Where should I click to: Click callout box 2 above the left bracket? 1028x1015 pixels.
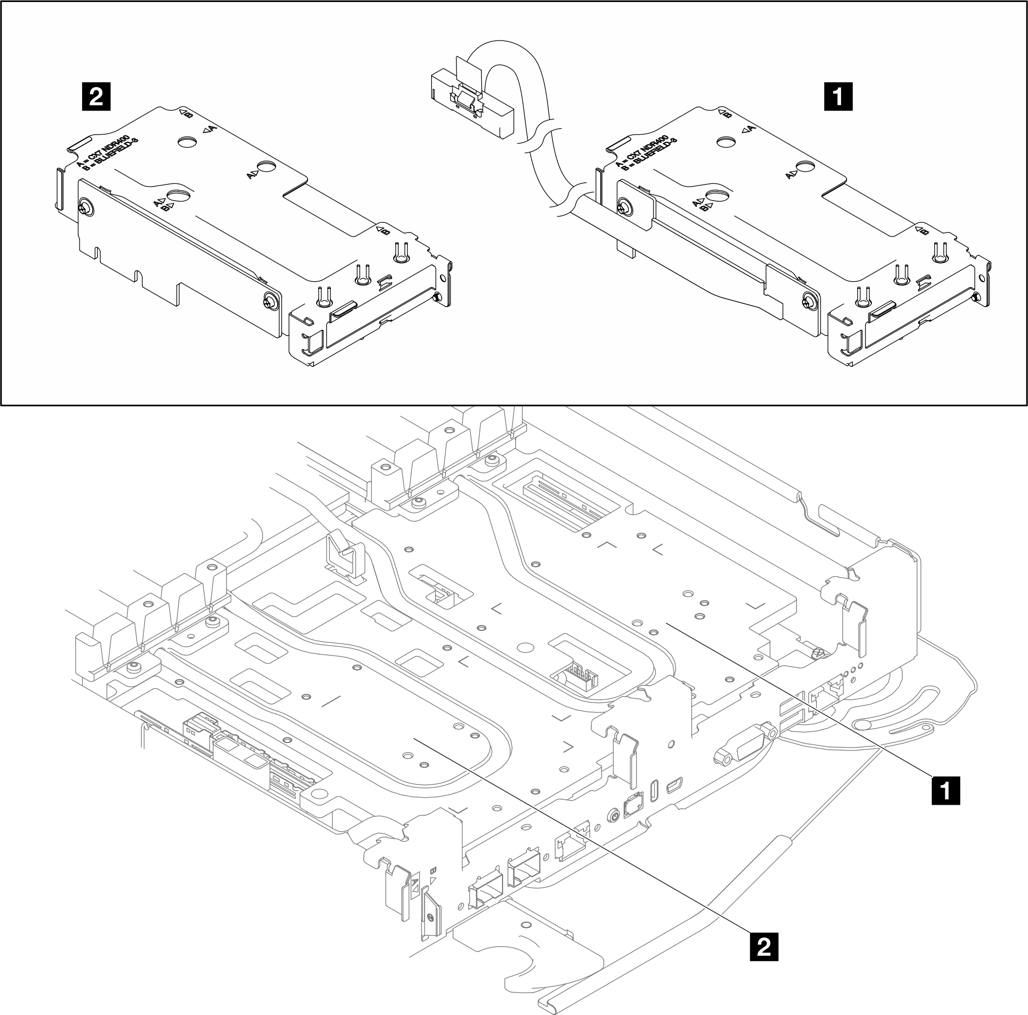click(x=96, y=96)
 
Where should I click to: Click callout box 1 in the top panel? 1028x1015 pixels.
click(x=837, y=96)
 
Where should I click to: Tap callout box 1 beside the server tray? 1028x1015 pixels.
click(x=945, y=791)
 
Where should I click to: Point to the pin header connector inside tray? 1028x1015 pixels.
click(x=581, y=677)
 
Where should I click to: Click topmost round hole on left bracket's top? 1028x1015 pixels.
click(x=187, y=141)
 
